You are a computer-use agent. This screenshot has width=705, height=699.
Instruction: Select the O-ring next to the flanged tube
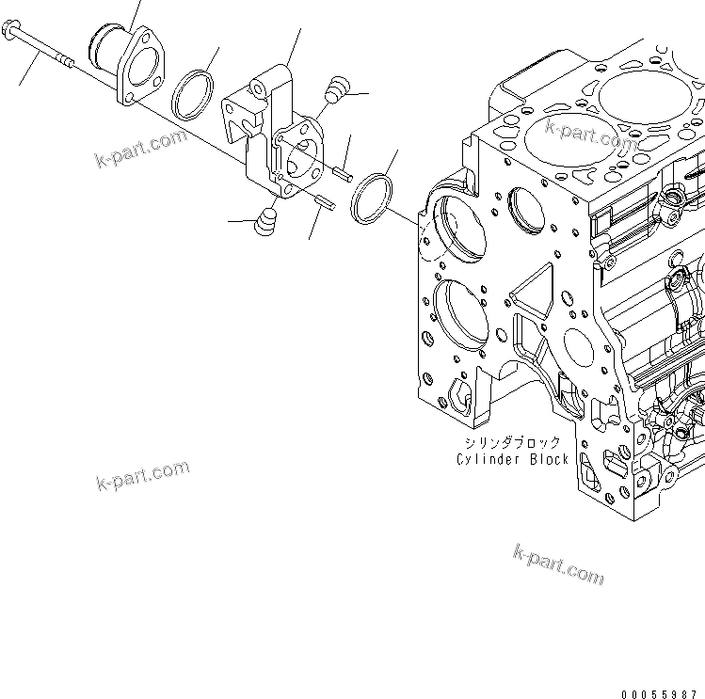point(193,93)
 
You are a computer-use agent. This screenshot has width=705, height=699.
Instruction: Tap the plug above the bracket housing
point(334,90)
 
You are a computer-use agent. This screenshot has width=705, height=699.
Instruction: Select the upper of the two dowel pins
point(344,172)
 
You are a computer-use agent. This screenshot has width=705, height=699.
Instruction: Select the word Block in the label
point(548,459)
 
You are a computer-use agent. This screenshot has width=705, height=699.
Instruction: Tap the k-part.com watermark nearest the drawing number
point(558,564)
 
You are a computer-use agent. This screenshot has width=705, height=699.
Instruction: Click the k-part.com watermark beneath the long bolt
point(142,149)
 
